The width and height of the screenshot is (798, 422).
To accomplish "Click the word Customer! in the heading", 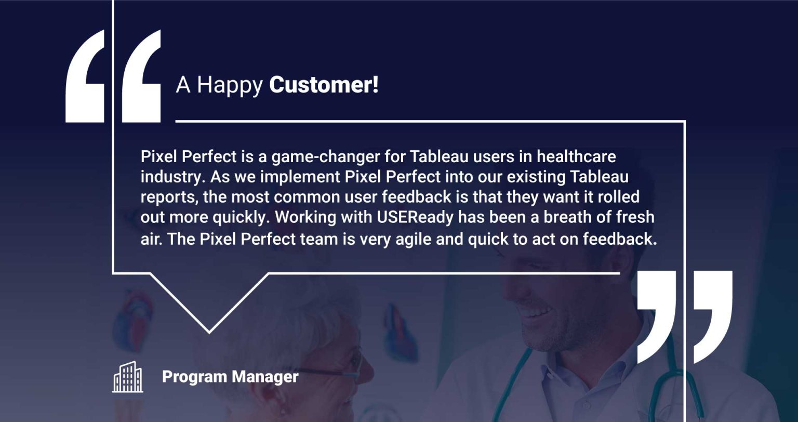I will click(x=324, y=85).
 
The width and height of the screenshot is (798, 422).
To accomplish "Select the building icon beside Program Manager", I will click(x=128, y=377).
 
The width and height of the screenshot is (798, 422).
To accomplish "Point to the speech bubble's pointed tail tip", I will click(x=209, y=331).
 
